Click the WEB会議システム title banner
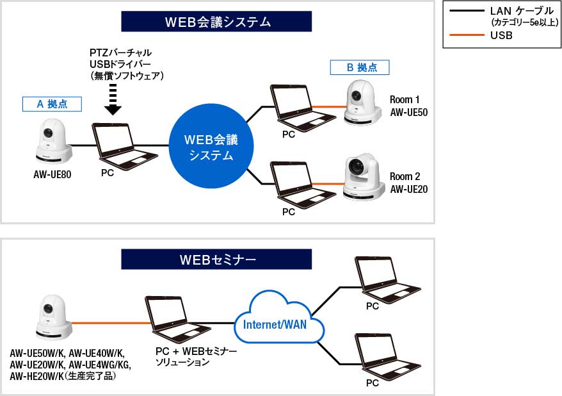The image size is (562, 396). [216, 22]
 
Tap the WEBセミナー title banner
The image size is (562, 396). [216, 259]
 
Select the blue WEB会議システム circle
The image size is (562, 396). [211, 147]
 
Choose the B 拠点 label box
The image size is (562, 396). [359, 67]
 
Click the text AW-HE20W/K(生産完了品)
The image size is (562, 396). [70, 375]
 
